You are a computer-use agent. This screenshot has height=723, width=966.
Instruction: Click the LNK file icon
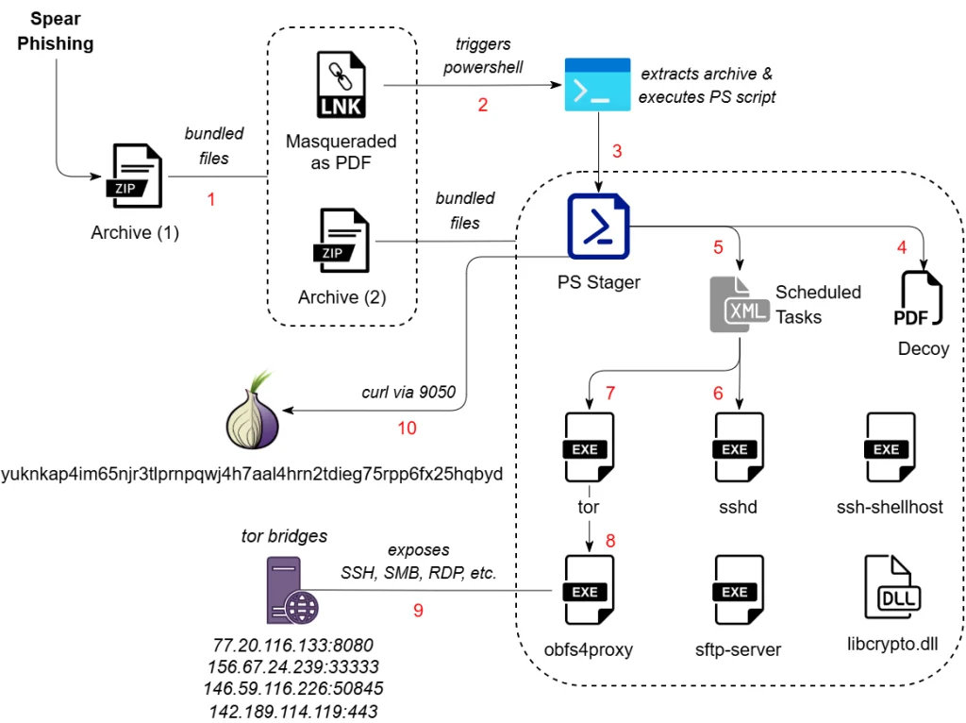pyautogui.click(x=341, y=86)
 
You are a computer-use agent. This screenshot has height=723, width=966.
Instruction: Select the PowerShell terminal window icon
pyautogui.click(x=597, y=84)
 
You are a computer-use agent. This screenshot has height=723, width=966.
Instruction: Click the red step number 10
pyautogui.click(x=407, y=428)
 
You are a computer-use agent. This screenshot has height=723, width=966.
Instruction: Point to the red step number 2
pyautogui.click(x=483, y=105)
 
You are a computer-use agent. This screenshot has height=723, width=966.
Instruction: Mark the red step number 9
pyautogui.click(x=418, y=610)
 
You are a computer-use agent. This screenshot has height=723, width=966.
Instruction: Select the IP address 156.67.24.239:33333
pyautogui.click(x=294, y=667)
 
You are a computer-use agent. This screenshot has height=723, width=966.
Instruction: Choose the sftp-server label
pyautogui.click(x=738, y=648)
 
